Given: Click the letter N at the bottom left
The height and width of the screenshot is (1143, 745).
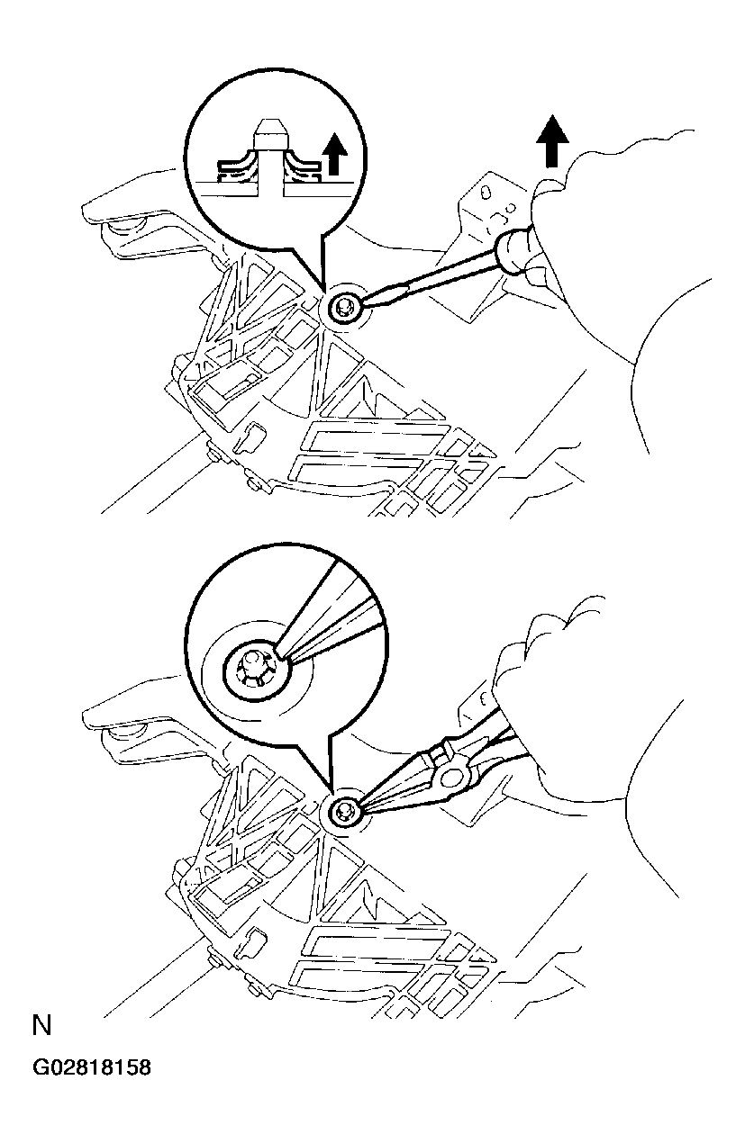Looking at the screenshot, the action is pos(41,1025).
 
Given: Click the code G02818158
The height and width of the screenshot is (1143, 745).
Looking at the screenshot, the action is pos(92,1067).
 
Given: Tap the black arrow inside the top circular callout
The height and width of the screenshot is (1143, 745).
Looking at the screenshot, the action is pos(335,154).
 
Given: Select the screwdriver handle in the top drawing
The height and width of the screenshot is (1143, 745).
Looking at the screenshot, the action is pos(514,252).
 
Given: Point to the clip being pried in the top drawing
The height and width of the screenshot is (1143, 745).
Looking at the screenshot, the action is pos(343,308).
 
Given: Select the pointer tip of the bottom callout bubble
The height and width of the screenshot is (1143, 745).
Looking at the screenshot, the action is pos(331,795).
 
